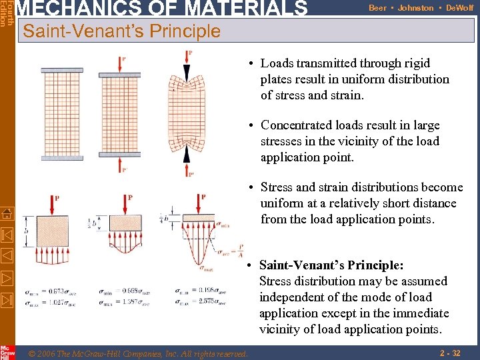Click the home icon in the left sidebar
pos(7,213)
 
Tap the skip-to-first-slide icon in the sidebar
pos(7,235)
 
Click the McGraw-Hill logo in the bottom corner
pos(7,352)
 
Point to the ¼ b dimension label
pos(163,218)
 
